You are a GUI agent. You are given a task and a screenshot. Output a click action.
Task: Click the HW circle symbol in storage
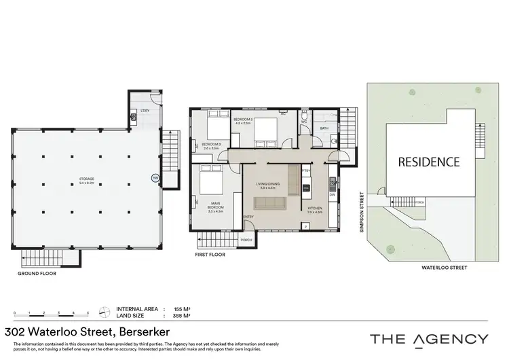[155, 179]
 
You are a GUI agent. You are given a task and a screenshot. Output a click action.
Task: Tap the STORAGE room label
[86, 180]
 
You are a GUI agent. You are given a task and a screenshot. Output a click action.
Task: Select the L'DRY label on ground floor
[145, 111]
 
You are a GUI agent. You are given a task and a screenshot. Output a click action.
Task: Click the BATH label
[324, 128]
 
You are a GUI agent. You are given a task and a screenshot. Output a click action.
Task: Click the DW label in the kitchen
[332, 194]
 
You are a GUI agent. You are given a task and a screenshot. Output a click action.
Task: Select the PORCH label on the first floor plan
[246, 239]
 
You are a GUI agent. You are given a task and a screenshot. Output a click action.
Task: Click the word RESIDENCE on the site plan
[428, 162]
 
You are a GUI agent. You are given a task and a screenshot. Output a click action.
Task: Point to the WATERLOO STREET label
[445, 268]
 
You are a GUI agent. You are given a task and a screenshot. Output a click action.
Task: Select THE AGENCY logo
[428, 338]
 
